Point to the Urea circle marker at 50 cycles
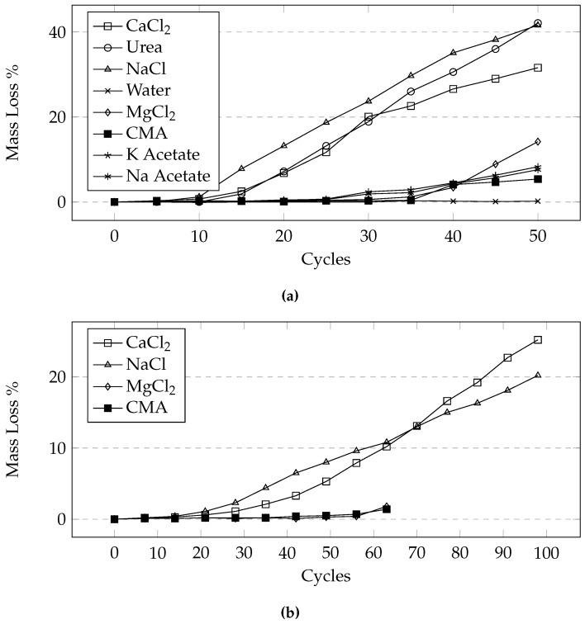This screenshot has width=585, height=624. point(538,24)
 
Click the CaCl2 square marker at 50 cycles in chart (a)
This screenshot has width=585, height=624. point(538,68)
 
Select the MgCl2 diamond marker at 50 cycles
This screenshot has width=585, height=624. point(538,141)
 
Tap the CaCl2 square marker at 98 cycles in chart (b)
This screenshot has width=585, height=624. point(538,339)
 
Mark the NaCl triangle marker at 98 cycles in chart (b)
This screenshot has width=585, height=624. point(538,375)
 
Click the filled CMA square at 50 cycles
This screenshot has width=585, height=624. point(538,178)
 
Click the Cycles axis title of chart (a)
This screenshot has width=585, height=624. point(326,259)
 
